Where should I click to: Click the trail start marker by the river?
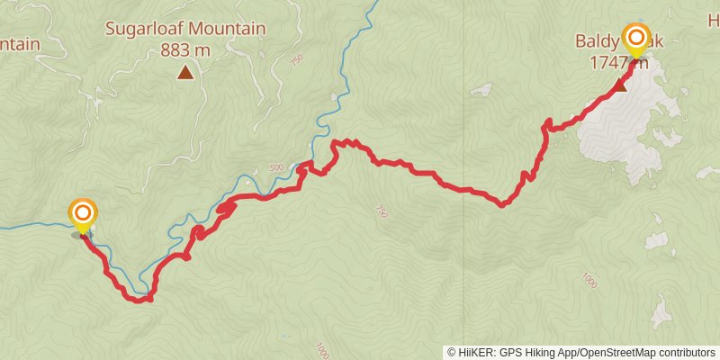tap(83, 213)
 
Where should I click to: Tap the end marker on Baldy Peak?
tap(636, 37)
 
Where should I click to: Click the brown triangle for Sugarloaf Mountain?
tap(185, 73)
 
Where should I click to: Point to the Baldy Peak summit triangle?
tap(620, 86)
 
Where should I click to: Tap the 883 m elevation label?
tap(185, 50)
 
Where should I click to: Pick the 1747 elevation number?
tap(607, 62)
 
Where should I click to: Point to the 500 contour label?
tap(276, 168)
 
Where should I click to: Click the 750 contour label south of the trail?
tap(381, 211)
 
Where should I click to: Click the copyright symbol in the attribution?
tap(452, 353)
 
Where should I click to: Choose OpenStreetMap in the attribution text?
tap(620, 353)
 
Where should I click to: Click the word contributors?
tap(687, 353)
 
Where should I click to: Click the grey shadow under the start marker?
tap(81, 235)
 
